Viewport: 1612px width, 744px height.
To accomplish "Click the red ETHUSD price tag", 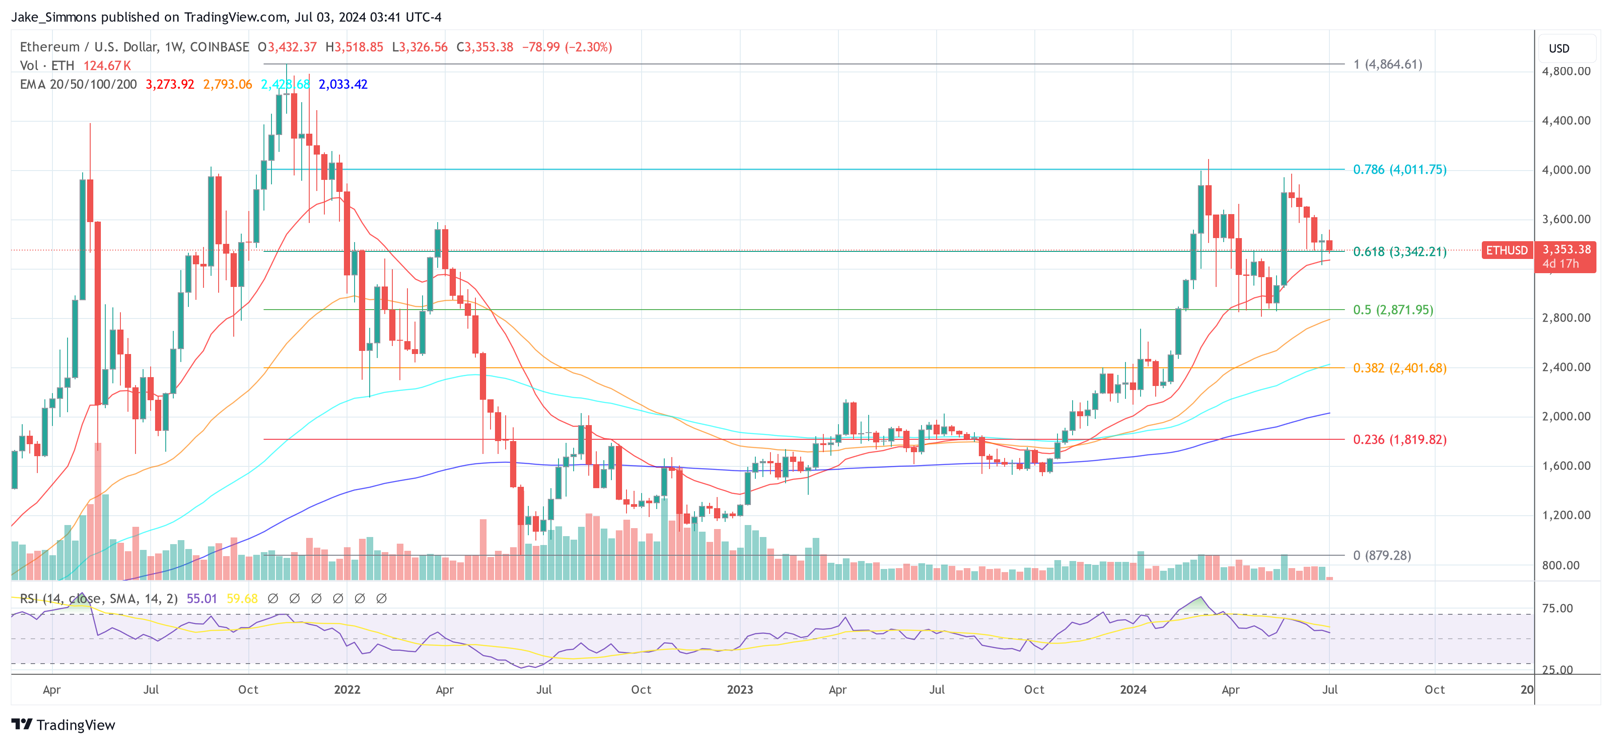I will pos(1506,250).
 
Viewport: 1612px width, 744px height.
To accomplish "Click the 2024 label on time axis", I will pos(1133,689).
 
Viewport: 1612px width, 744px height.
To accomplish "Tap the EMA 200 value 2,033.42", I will pos(343,84).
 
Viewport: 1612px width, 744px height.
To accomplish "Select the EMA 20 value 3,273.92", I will pos(170,84).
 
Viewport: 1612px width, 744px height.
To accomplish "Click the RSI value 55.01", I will pos(202,599).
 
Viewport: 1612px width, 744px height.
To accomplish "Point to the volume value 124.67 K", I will pos(107,66).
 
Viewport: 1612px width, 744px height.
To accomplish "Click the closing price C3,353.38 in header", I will pos(484,47).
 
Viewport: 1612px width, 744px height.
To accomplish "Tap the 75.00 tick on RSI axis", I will pos(1557,608).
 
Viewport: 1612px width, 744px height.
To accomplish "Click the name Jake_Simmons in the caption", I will pos(53,17).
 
